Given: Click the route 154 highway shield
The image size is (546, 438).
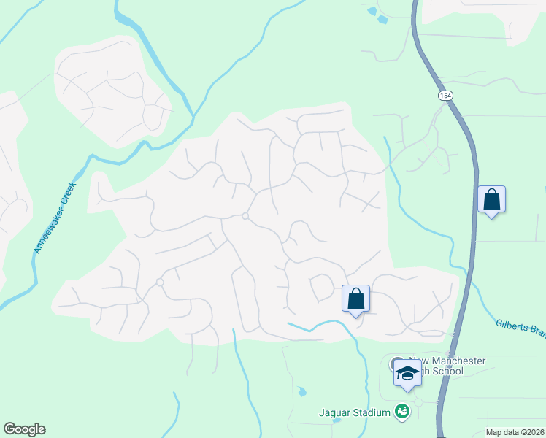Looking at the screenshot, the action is click(x=445, y=96).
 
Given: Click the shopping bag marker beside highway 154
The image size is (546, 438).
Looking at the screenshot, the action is click(x=491, y=199).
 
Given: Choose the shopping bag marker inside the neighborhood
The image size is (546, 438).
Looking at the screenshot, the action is click(x=355, y=299).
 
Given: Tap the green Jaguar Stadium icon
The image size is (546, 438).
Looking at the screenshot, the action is click(x=401, y=412).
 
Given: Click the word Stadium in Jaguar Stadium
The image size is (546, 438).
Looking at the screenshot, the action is click(x=371, y=413).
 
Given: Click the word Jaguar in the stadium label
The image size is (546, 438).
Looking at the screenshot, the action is click(x=334, y=413).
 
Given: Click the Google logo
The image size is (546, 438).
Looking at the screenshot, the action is click(x=24, y=429).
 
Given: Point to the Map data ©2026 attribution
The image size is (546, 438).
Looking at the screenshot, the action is click(x=515, y=432).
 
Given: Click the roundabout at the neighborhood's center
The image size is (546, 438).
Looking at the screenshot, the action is click(x=245, y=216).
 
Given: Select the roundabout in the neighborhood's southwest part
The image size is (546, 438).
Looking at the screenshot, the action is click(x=159, y=282).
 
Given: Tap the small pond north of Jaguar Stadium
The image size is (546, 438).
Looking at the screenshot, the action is click(x=301, y=392).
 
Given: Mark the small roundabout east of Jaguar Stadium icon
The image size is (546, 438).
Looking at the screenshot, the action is click(x=418, y=402).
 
